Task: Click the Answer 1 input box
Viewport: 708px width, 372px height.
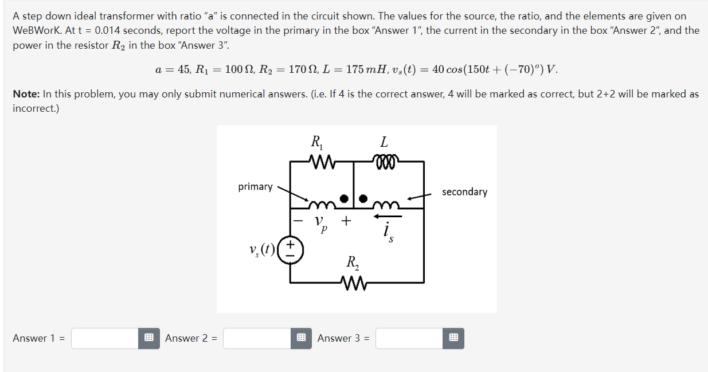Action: click(105, 338)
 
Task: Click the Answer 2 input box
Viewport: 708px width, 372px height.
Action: click(256, 338)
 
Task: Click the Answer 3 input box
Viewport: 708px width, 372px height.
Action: click(409, 338)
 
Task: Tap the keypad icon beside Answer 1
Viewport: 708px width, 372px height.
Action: click(148, 338)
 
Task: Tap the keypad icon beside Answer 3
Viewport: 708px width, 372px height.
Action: click(453, 338)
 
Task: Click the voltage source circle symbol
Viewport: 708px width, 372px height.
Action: click(291, 251)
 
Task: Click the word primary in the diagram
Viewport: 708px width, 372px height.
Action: click(255, 187)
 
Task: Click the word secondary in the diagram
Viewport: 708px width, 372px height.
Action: click(464, 192)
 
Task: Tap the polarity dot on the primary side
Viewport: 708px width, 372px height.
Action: click(344, 198)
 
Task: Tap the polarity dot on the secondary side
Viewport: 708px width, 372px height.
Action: click(363, 198)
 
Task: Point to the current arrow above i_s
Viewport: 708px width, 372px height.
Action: click(388, 216)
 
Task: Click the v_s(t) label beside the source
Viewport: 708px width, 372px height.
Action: click(261, 251)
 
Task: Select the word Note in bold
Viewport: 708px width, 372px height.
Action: click(25, 94)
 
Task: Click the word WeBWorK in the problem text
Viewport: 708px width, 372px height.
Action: click(36, 30)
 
